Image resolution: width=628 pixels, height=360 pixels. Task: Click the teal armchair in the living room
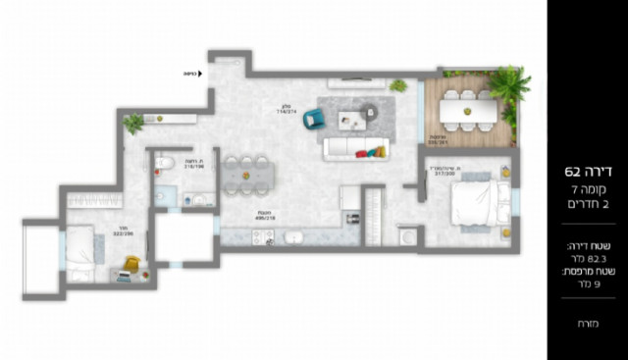pos(314,119)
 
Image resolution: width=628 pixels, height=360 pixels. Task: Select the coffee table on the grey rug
pos(350,120)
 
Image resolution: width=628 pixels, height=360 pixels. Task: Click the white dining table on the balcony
pos(468,110)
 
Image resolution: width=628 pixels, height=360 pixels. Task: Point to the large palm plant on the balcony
pos(510,84)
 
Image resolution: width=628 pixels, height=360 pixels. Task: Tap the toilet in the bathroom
pos(166,163)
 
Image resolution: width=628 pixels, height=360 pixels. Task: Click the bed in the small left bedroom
pos(81,256)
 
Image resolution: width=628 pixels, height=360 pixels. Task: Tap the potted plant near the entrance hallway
pos(132,124)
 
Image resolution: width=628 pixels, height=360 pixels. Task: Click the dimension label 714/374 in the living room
pos(287,111)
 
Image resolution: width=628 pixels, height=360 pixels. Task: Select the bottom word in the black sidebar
pos(588,322)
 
